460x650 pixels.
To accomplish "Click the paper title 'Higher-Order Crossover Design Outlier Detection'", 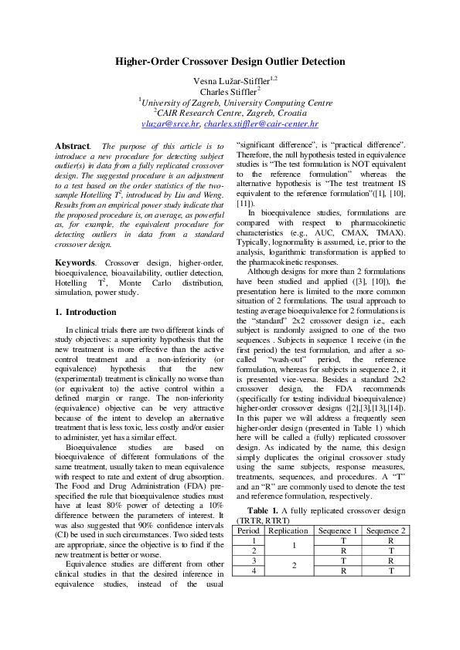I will tap(230, 61).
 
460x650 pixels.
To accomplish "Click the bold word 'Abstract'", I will tap(72, 146).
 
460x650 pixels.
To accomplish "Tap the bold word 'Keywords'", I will tap(74, 263).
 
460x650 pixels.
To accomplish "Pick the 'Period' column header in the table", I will tap(248, 530).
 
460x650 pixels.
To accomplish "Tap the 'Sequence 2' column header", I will tap(383, 530).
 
